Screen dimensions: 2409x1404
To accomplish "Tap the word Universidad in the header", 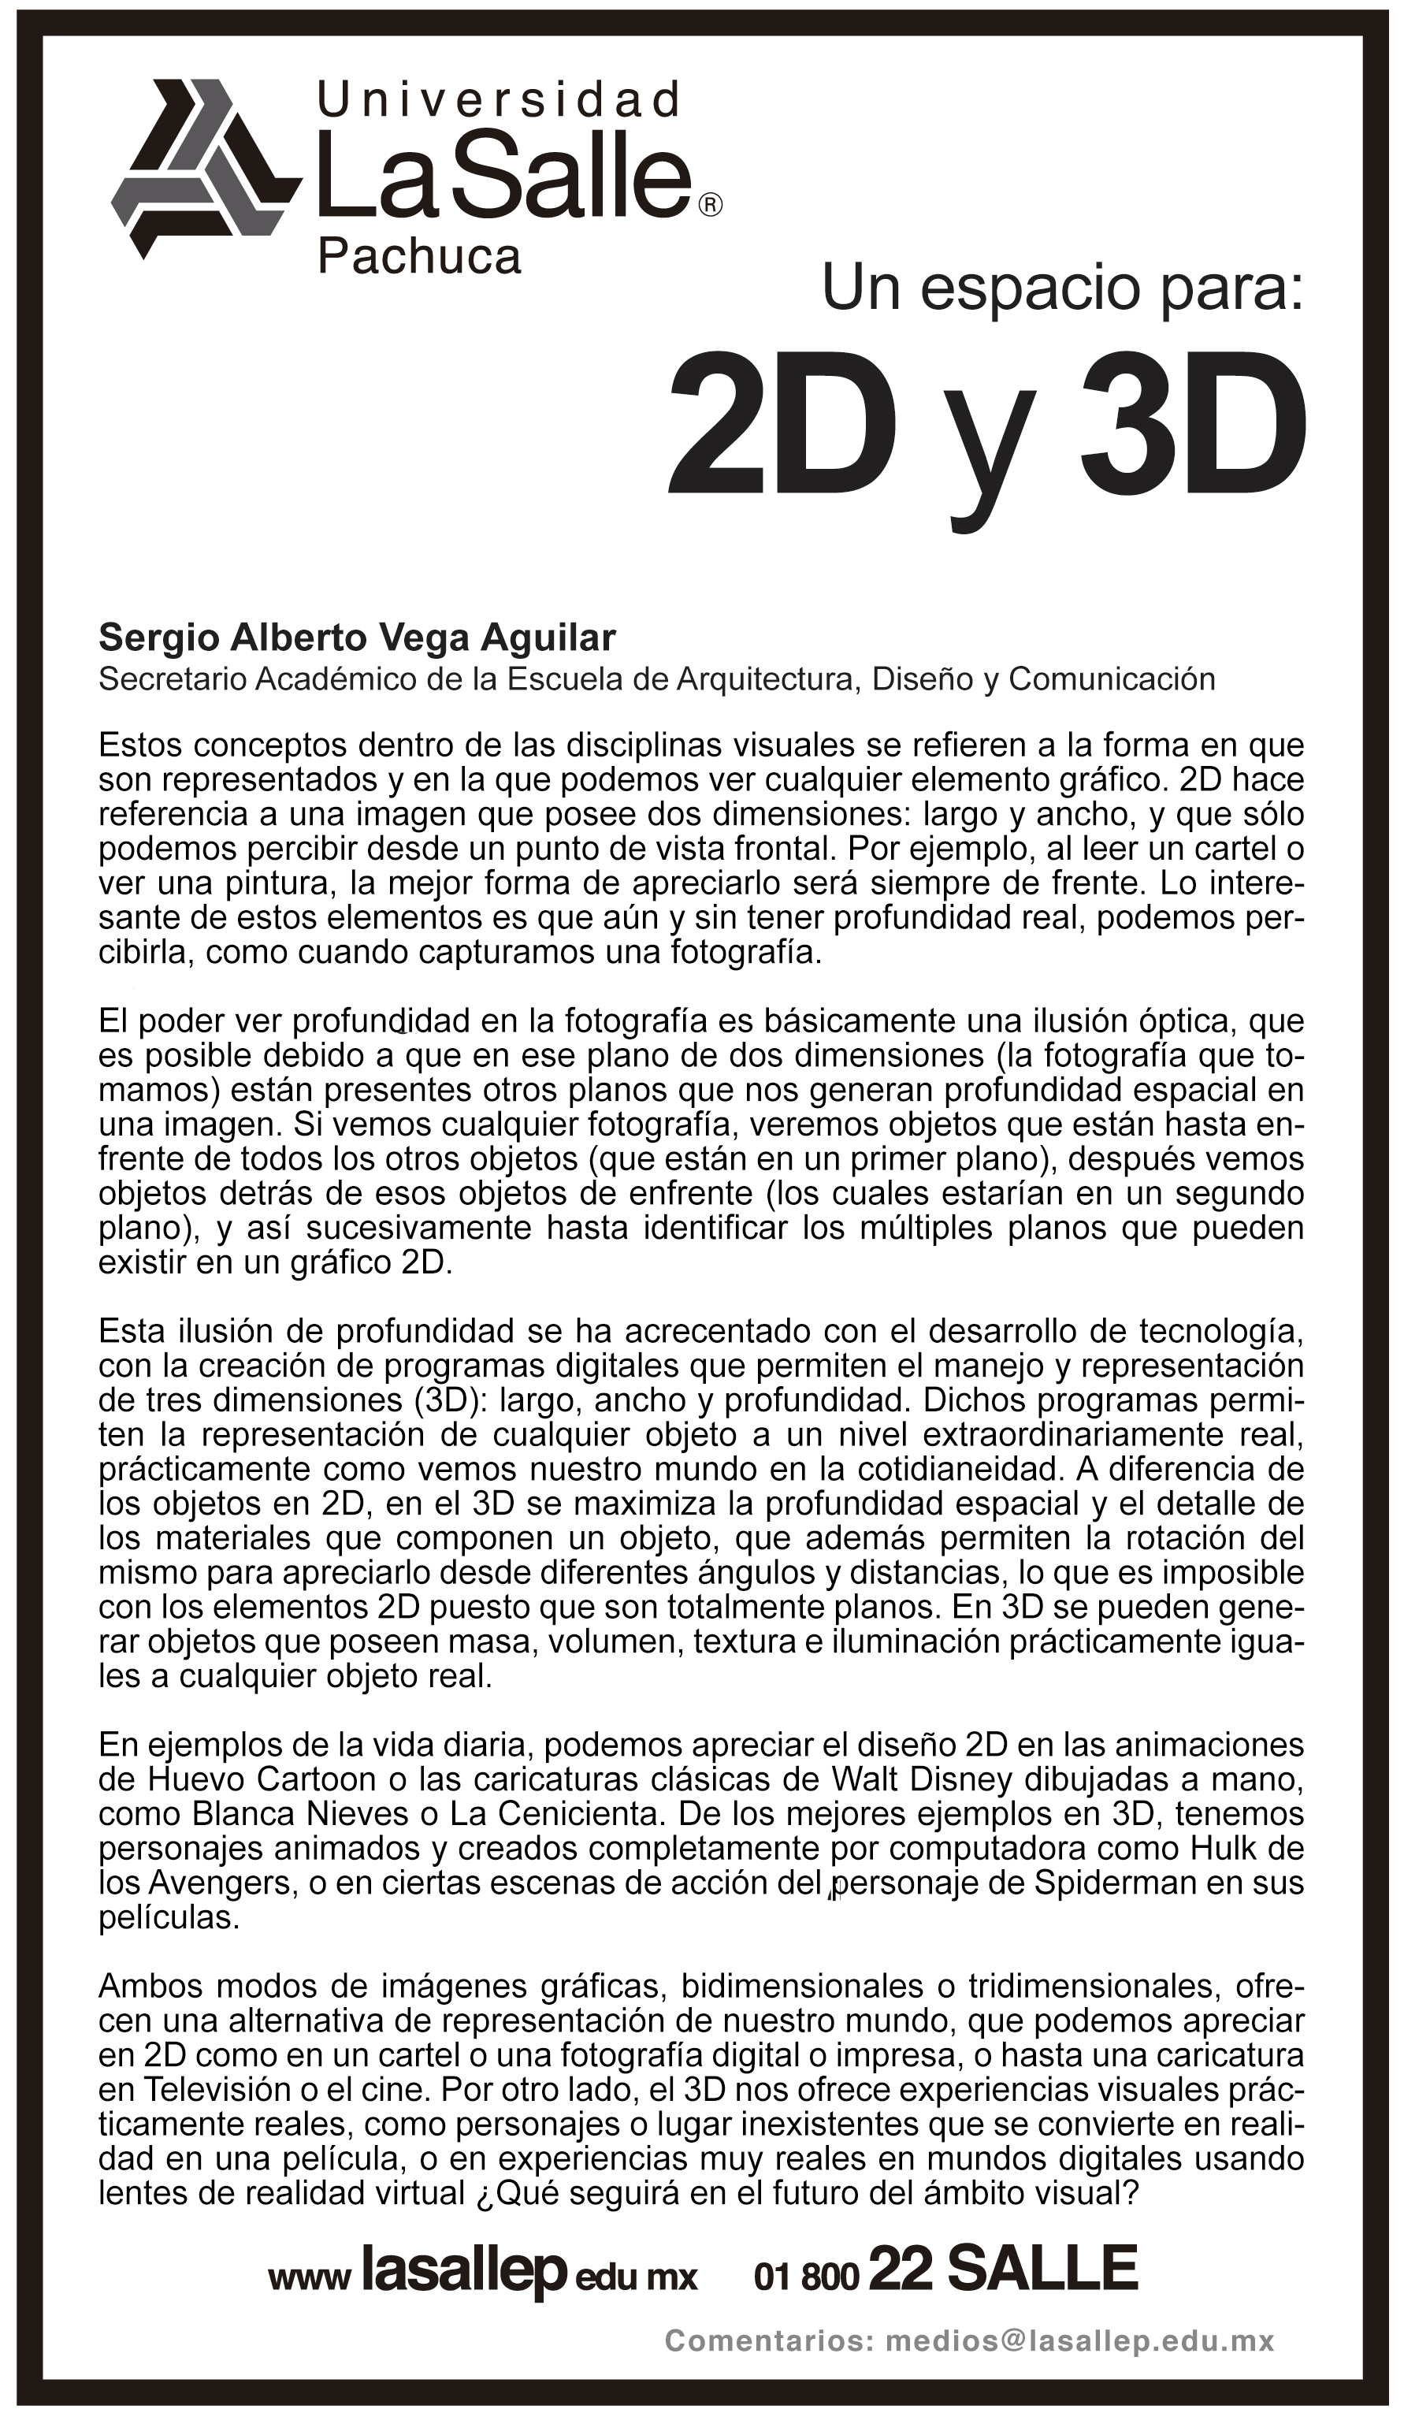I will point(499,100).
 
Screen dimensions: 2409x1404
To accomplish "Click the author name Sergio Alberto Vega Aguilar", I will point(358,637).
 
